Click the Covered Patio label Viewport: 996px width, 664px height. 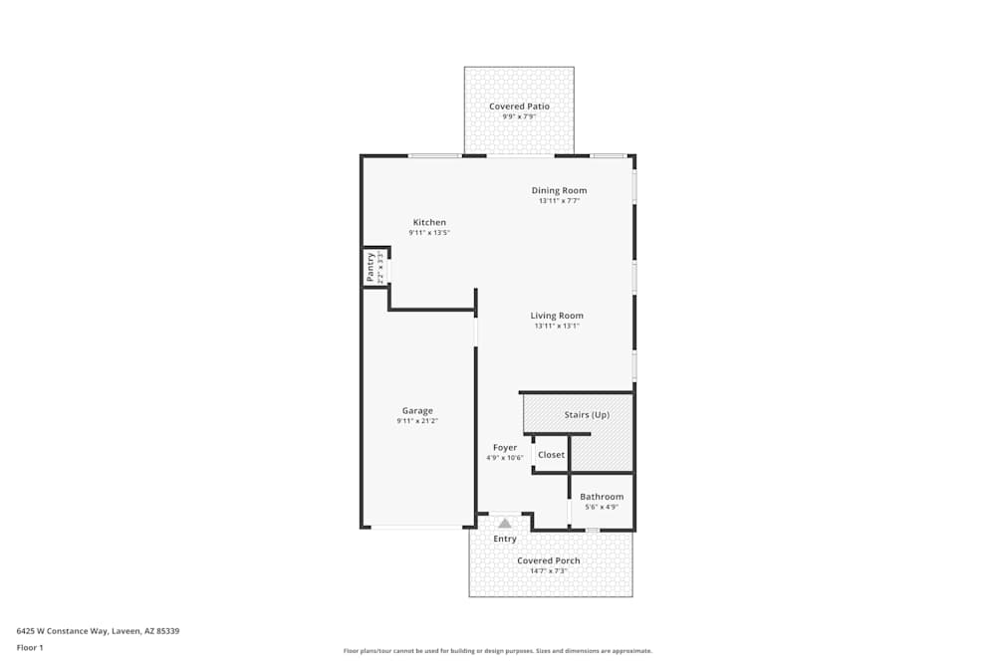pos(519,107)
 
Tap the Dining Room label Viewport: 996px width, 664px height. pos(559,190)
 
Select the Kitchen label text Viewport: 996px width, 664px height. pos(429,222)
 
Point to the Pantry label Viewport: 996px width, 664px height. pos(371,267)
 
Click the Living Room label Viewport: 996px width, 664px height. pos(557,316)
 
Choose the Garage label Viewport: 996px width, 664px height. pos(417,410)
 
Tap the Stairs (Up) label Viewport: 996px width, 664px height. pos(587,414)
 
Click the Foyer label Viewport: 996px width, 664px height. pos(505,448)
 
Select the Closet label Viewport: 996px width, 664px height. pos(551,455)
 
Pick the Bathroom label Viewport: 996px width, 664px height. pos(602,497)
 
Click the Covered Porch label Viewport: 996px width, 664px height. pos(548,560)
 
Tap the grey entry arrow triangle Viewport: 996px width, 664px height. pos(505,523)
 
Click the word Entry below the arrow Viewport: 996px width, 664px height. pos(505,540)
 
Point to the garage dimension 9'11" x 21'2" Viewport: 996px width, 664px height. pos(417,421)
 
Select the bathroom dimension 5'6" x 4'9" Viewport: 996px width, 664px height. pos(602,507)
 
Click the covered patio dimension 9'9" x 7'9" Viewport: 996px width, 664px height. pos(519,117)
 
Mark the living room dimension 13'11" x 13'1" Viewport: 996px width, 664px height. pos(557,326)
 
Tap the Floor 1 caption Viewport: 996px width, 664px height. pos(30,647)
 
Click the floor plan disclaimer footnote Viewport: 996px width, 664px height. pos(498,651)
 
